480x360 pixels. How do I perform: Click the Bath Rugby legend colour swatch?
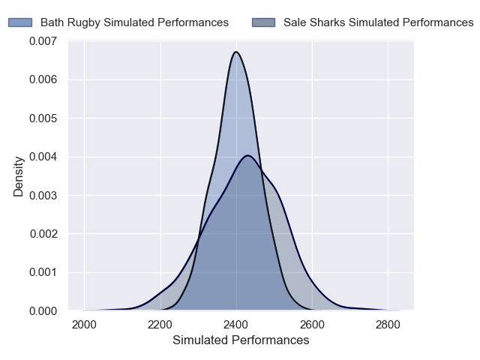point(21,22)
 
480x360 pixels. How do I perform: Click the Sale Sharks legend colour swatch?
point(264,22)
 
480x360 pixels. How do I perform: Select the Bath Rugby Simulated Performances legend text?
point(134,22)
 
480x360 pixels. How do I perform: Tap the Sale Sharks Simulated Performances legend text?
point(378,22)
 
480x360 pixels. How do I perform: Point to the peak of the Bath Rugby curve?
point(236,52)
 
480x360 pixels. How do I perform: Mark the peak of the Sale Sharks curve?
point(248,156)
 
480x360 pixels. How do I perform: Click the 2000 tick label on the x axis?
point(85,325)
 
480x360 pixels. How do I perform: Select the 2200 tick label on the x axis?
point(160,325)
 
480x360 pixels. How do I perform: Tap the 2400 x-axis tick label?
point(236,325)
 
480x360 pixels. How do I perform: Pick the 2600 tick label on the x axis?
point(312,325)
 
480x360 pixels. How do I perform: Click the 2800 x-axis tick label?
point(388,325)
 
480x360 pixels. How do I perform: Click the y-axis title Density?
point(19,175)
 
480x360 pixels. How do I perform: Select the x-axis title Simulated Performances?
point(241,340)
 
